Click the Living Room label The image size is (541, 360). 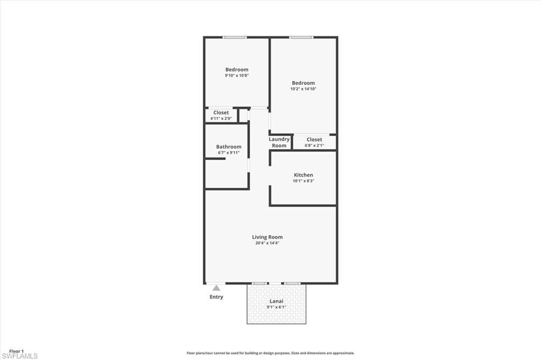click(x=267, y=237)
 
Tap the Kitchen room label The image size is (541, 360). click(x=303, y=175)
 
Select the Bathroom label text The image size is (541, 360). click(x=229, y=147)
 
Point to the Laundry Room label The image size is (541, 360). click(x=279, y=143)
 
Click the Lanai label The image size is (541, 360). click(x=277, y=301)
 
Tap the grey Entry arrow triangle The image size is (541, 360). click(x=216, y=288)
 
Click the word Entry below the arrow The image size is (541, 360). click(x=216, y=297)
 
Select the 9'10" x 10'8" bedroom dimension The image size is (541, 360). click(x=237, y=76)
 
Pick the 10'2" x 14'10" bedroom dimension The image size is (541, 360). click(x=303, y=89)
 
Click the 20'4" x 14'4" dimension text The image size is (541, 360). click(x=267, y=243)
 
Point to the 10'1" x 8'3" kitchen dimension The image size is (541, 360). click(x=303, y=181)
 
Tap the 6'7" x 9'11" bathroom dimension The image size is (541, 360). click(x=229, y=153)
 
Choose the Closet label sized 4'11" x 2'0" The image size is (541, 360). click(x=221, y=113)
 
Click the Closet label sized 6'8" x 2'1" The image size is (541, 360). click(x=314, y=140)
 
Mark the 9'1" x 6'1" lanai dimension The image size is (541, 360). click(x=277, y=307)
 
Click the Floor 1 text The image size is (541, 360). click(x=17, y=351)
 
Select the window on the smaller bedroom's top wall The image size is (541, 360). click(x=235, y=37)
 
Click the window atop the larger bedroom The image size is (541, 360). click(x=301, y=37)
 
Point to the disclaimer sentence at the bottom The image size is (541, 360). click(x=270, y=353)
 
